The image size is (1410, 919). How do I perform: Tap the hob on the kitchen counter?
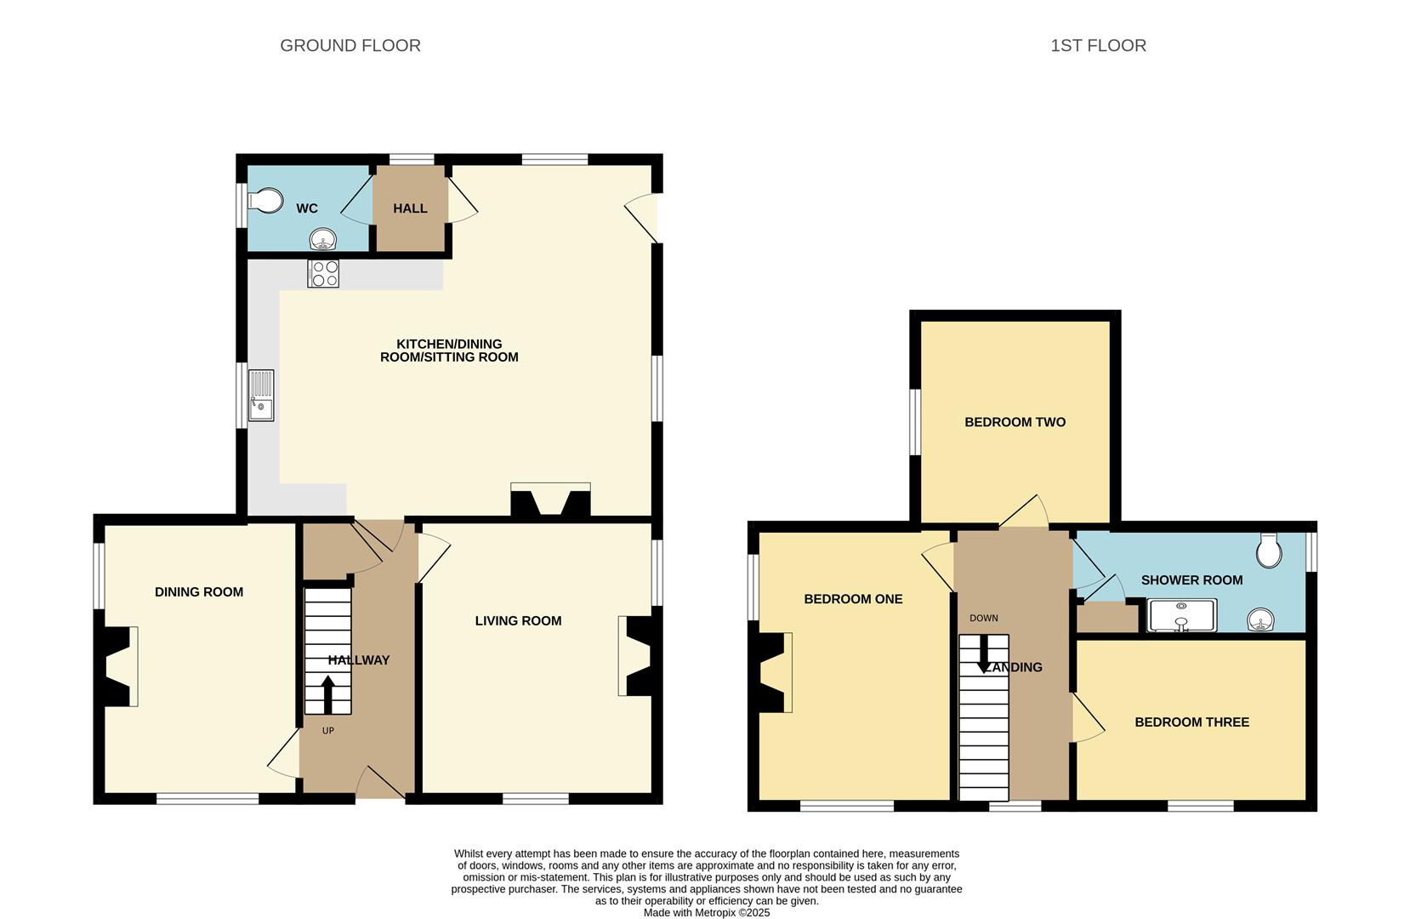323,273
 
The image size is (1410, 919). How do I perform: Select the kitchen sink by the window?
261,396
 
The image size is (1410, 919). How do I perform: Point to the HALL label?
410,208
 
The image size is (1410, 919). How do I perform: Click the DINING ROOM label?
199,592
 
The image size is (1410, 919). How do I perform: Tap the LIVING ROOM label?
518,621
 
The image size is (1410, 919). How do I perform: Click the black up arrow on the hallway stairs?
327,694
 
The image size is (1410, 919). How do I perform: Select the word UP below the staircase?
328,731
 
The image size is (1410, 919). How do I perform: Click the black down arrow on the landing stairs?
984,656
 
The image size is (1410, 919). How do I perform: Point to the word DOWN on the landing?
984,619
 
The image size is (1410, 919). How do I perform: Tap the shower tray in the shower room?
1182,616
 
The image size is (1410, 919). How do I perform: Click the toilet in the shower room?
1269,551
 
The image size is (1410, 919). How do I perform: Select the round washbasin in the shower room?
1260,620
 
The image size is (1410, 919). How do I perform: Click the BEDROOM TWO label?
1015,422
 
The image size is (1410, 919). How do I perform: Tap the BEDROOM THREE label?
1191,722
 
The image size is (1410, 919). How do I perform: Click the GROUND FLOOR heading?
350,46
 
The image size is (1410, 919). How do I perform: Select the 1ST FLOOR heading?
1098,46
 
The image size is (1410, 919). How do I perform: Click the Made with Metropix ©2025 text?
706,912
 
